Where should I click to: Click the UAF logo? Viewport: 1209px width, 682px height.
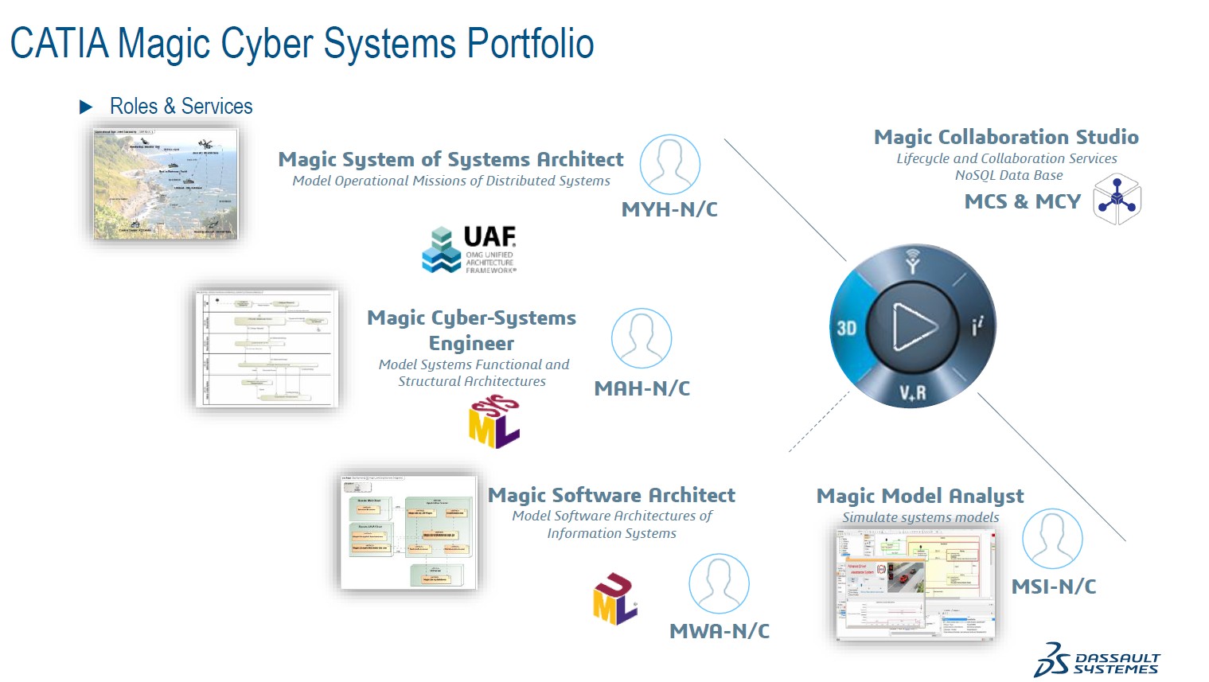click(x=469, y=249)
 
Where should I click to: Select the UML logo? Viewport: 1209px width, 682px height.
click(x=614, y=598)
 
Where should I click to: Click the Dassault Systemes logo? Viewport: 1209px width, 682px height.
click(x=1097, y=660)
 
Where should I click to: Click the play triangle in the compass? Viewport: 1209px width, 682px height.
click(x=912, y=326)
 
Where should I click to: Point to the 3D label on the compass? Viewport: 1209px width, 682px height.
click(x=846, y=328)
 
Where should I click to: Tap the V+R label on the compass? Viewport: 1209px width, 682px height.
click(x=913, y=392)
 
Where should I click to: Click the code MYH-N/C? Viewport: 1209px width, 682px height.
click(x=669, y=209)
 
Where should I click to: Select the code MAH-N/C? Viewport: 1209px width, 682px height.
click(x=642, y=388)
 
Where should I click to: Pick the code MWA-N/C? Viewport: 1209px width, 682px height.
click(x=720, y=631)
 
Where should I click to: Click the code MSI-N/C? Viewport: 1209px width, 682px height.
click(x=1053, y=587)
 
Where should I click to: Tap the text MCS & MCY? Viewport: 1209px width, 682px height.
click(x=1022, y=201)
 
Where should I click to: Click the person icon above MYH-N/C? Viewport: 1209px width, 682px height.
click(x=670, y=164)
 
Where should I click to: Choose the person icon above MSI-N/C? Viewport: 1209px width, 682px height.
click(x=1051, y=539)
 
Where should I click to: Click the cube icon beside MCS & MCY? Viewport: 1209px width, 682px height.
click(x=1117, y=200)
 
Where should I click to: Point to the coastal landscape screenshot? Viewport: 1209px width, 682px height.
click(x=166, y=184)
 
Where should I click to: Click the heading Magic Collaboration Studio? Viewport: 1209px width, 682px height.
click(x=1006, y=137)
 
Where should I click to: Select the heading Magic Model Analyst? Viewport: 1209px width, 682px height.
click(x=920, y=496)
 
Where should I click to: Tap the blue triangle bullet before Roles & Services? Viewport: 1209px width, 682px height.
click(x=86, y=107)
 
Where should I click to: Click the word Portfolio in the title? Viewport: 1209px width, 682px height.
click(x=530, y=44)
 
